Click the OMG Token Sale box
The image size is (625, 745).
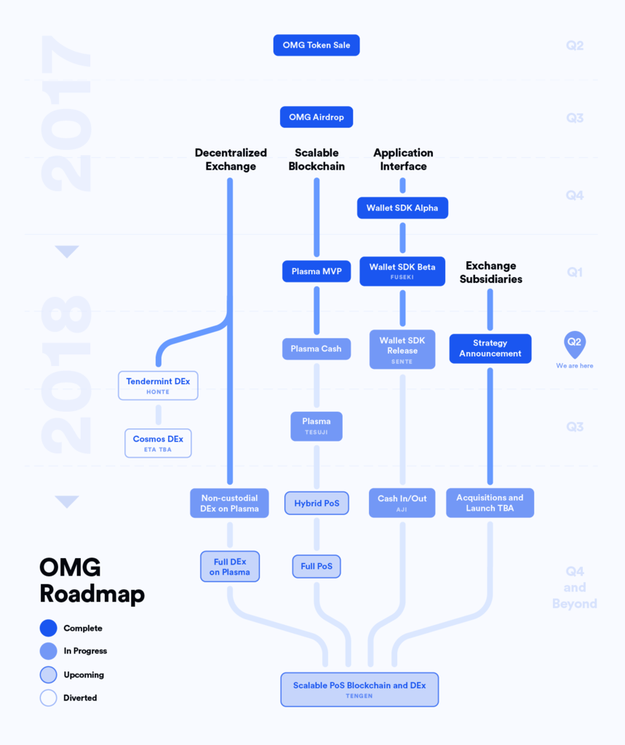click(x=317, y=45)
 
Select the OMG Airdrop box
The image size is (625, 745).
click(x=317, y=117)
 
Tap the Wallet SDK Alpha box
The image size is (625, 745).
click(x=402, y=208)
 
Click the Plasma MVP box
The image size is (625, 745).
click(x=317, y=271)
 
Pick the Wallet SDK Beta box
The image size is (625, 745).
click(x=402, y=271)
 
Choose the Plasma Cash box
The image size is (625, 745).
click(x=317, y=348)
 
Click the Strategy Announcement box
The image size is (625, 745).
click(x=490, y=348)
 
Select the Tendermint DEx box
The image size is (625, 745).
click(x=159, y=386)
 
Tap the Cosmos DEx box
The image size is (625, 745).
click(x=159, y=443)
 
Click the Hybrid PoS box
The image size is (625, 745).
click(x=317, y=503)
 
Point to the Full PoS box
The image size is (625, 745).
click(x=317, y=566)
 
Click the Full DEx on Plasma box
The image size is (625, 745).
click(x=230, y=566)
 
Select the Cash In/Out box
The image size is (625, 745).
click(x=402, y=503)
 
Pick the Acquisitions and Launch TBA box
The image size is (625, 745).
click(x=490, y=503)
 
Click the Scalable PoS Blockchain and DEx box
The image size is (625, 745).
click(x=359, y=690)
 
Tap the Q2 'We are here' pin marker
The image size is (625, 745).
click(x=575, y=344)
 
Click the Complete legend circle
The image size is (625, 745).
click(x=49, y=628)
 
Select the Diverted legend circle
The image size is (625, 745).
click(x=49, y=698)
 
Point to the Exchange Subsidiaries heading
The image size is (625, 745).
click(x=491, y=272)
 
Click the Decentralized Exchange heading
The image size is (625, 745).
click(x=231, y=159)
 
